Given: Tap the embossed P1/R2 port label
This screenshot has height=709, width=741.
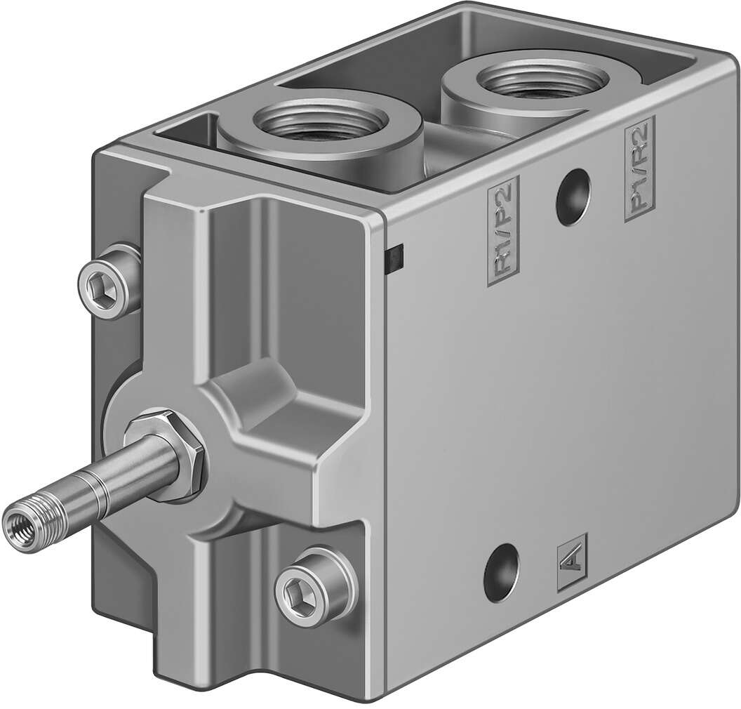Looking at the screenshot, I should click(639, 168).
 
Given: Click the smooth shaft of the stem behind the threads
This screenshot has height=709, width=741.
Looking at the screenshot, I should click(105, 484).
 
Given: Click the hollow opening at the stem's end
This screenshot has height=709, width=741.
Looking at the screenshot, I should click(15, 523).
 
